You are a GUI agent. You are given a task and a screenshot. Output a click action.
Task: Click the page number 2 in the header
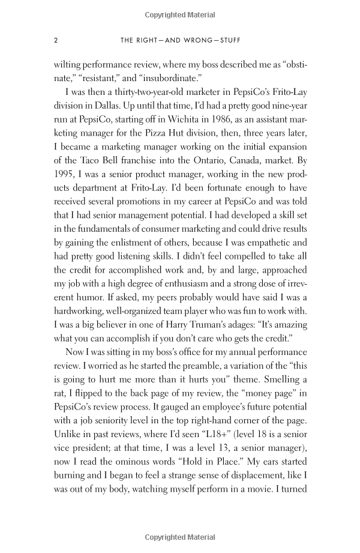pos(55,41)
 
